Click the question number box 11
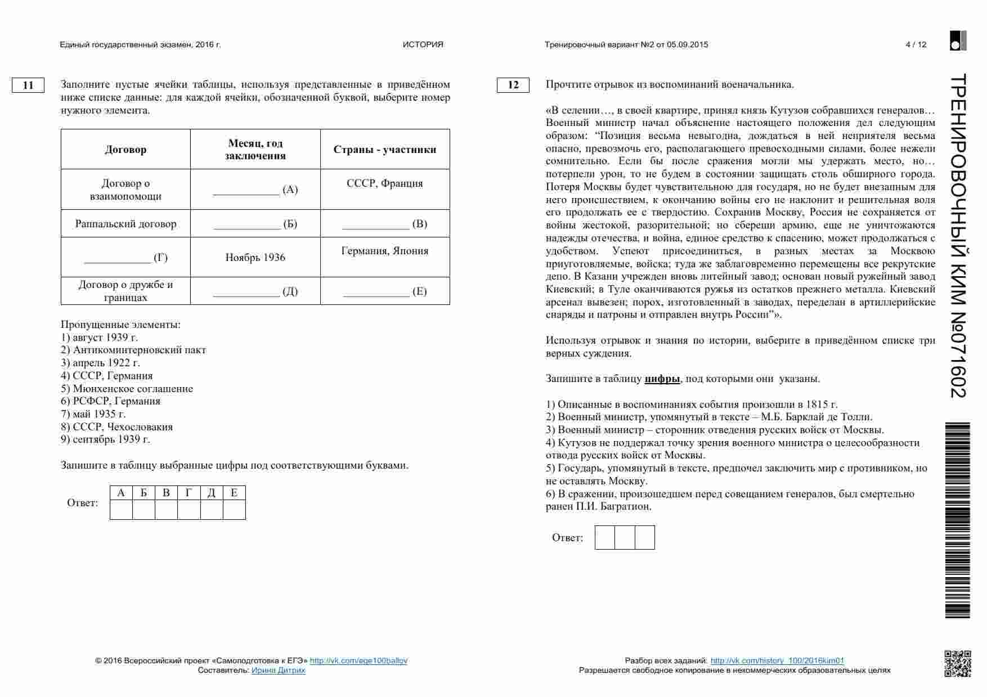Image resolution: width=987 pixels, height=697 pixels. click(x=28, y=86)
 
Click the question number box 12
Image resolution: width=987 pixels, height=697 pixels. click(x=513, y=85)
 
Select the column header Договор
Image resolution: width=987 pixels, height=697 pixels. click(x=125, y=150)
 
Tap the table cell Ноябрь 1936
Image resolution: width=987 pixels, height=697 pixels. click(x=255, y=258)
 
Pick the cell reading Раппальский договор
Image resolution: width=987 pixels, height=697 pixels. click(x=125, y=224)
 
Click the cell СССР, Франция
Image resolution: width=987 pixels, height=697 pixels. click(x=385, y=183)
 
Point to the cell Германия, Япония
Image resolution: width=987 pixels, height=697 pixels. click(x=385, y=251)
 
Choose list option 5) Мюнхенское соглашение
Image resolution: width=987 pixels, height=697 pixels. click(x=127, y=389)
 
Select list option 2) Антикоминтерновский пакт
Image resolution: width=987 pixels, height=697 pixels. click(x=133, y=350)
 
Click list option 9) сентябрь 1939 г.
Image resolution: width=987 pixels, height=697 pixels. click(x=106, y=439)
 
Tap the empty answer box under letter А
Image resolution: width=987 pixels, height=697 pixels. click(x=121, y=510)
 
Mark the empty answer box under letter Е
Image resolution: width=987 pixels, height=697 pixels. click(x=234, y=510)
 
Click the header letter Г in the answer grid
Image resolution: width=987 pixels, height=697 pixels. click(x=189, y=493)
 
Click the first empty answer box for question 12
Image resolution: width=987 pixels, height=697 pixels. click(x=604, y=538)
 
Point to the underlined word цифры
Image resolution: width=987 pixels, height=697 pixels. click(x=662, y=379)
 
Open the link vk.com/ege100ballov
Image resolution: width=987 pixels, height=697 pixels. click(x=358, y=661)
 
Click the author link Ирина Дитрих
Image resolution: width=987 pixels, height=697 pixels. click(x=278, y=671)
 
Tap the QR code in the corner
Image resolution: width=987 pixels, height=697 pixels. click(x=957, y=664)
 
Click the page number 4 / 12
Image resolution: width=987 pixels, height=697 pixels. click(x=916, y=45)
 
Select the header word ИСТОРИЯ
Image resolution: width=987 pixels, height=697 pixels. click(x=423, y=45)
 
